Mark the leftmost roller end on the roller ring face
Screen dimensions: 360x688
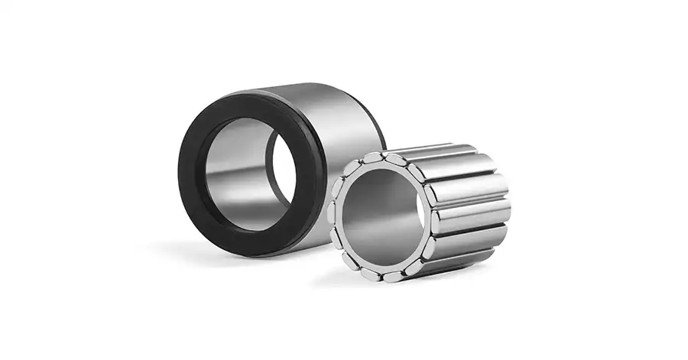coord(333,214)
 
